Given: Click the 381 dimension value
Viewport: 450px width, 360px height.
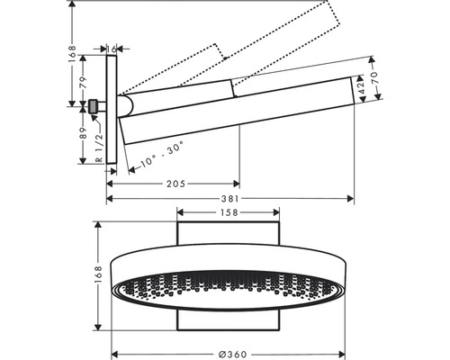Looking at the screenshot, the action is (x=230, y=199).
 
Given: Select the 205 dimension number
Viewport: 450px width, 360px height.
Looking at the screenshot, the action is (x=175, y=184).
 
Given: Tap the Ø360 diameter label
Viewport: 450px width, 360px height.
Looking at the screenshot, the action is (x=232, y=355).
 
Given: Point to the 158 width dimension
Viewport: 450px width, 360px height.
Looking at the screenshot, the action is (x=229, y=212).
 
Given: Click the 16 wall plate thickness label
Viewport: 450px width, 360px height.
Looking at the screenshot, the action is (x=112, y=49).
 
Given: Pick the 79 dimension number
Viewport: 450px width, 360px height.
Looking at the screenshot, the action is (x=83, y=83).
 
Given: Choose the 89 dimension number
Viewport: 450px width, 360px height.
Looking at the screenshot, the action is (x=83, y=133).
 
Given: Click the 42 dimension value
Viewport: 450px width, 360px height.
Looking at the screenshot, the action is (x=361, y=88).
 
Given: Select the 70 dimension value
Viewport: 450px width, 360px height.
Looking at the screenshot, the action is (x=374, y=77).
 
